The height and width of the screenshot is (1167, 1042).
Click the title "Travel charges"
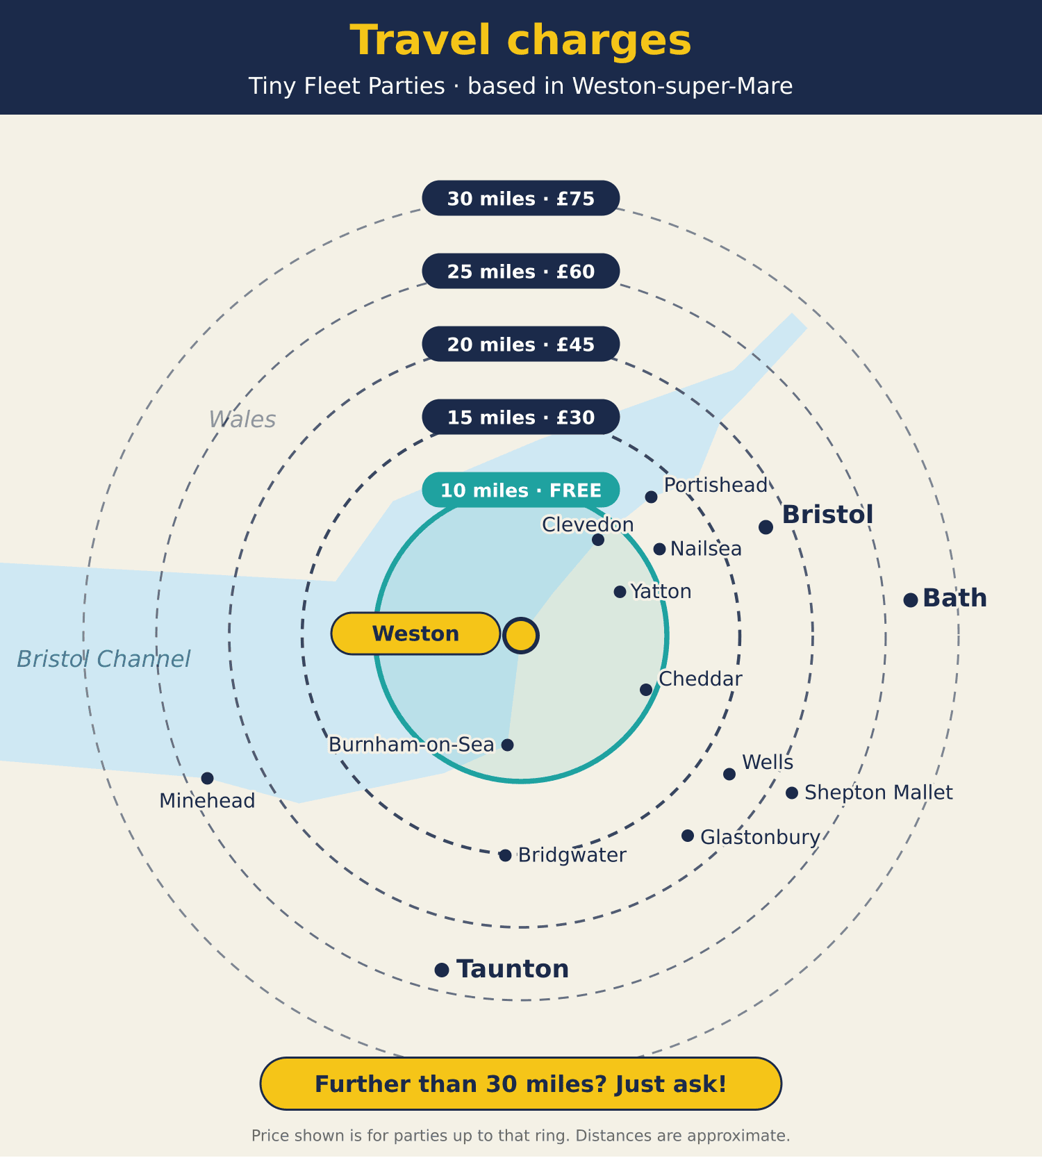coord(521,40)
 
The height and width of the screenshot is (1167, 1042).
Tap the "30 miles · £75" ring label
coord(521,198)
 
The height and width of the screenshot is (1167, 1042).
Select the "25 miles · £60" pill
coord(521,271)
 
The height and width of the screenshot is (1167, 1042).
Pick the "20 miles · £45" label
coord(521,344)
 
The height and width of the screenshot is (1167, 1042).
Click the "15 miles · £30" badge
coord(521,417)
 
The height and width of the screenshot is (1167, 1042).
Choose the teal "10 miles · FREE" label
coord(521,490)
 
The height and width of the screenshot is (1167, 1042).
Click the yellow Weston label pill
coord(415,634)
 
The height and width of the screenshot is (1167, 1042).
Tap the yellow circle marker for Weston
coord(521,636)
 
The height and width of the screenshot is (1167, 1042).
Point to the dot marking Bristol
coord(766,527)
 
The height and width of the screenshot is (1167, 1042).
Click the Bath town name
coord(954,598)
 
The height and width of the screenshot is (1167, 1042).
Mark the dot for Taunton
coord(442,970)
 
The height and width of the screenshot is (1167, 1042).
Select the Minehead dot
coord(207,778)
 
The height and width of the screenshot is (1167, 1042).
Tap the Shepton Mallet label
coord(879,793)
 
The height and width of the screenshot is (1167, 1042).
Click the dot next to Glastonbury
coord(688,836)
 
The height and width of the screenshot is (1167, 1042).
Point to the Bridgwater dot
coord(506,856)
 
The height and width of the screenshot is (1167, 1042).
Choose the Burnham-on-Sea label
coord(411,745)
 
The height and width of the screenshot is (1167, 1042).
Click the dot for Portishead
coord(651,497)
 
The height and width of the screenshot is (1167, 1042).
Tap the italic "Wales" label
coord(242,420)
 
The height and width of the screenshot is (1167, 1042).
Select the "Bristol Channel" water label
coord(104,659)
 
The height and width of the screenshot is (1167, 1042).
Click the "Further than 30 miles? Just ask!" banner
coord(521,1084)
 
